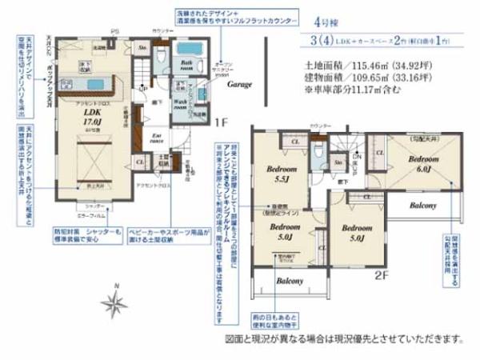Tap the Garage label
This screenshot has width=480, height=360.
(239, 83)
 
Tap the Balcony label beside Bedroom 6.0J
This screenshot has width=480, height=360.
(422, 206)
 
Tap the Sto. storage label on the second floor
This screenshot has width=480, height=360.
(339, 163)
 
